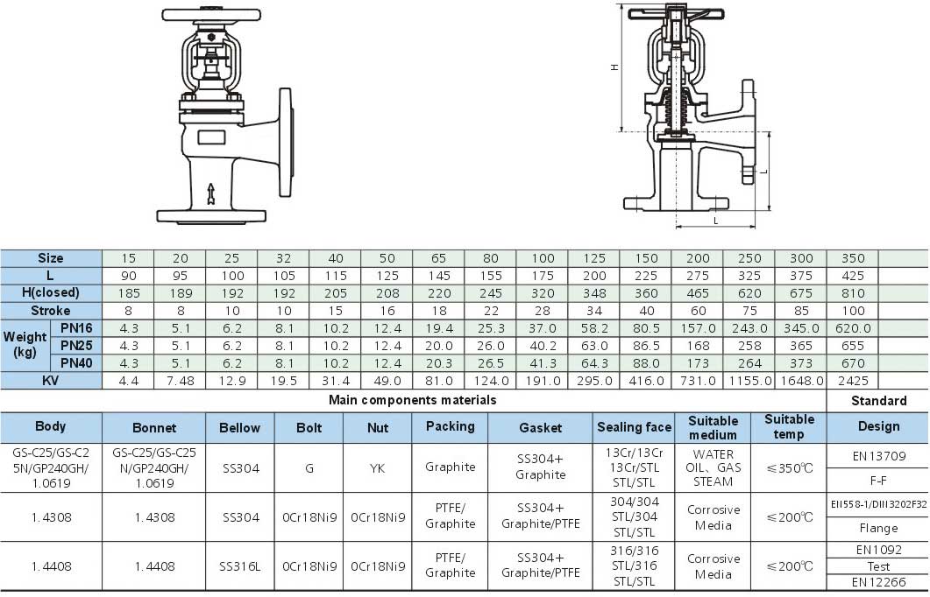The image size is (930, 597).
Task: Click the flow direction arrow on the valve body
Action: click(x=210, y=194)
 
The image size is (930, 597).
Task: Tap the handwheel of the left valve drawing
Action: click(x=211, y=14)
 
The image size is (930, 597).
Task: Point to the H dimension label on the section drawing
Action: click(x=614, y=67)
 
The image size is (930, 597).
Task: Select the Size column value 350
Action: click(x=853, y=258)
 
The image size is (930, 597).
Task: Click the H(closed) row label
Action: click(x=51, y=292)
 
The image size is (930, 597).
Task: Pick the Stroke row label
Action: click(x=51, y=311)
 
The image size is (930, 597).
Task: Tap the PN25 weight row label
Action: click(x=76, y=345)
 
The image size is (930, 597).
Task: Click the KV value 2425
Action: click(x=853, y=381)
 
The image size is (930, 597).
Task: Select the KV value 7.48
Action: click(x=181, y=381)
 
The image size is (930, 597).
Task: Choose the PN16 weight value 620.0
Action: click(x=853, y=328)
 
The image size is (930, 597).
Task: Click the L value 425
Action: click(x=853, y=276)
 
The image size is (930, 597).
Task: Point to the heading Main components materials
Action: click(x=412, y=400)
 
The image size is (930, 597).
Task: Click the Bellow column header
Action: click(x=239, y=427)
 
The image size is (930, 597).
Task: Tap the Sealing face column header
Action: click(x=634, y=427)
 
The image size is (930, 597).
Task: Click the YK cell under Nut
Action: click(x=377, y=468)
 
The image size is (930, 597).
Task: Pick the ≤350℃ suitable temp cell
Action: click(x=789, y=468)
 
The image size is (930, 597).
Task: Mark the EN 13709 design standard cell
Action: click(x=879, y=456)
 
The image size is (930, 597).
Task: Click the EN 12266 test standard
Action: click(x=879, y=582)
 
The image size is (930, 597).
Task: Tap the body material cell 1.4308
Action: click(x=51, y=517)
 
